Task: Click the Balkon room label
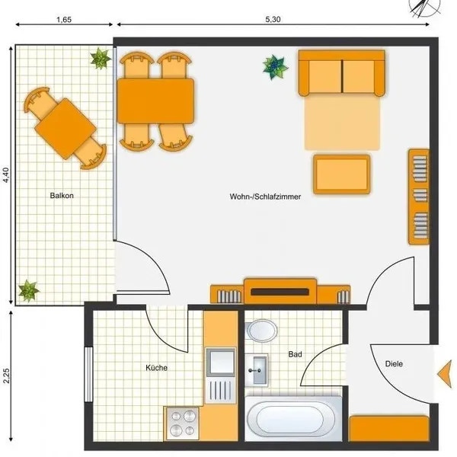[x=62, y=196]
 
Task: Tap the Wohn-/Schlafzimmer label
[x=265, y=197]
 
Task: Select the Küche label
[x=156, y=368]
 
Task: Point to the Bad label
[x=295, y=354]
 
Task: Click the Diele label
[x=394, y=364]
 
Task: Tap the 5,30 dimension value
[x=273, y=20]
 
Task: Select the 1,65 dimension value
[x=64, y=20]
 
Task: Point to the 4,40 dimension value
[x=6, y=175]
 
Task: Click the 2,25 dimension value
[x=6, y=376]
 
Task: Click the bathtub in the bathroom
[x=293, y=418]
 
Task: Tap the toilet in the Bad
[x=260, y=331]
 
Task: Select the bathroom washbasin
[x=256, y=370]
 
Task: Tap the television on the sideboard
[x=280, y=292]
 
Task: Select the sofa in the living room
[x=341, y=73]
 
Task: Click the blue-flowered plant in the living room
[x=275, y=67]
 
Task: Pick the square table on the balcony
[x=66, y=129]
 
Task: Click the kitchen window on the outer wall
[x=88, y=375]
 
